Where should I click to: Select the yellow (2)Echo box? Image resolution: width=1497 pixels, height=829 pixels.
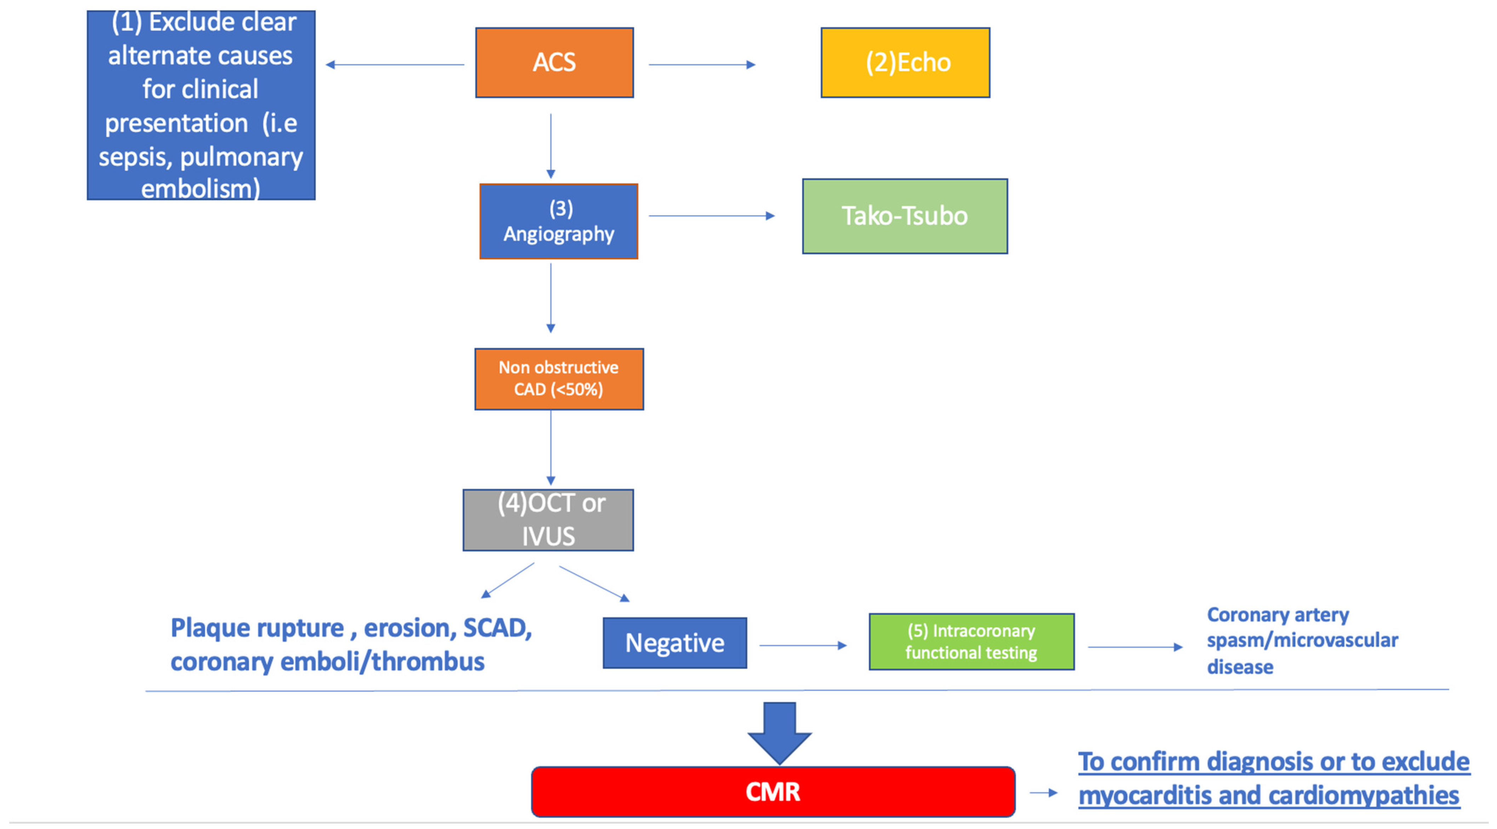[905, 63]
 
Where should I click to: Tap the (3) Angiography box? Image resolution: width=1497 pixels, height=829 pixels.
[558, 221]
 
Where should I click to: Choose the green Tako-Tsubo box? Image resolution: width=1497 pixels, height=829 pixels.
[905, 216]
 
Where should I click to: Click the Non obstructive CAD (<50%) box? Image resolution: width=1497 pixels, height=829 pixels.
[558, 379]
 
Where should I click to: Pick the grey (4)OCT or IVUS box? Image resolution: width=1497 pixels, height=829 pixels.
[548, 520]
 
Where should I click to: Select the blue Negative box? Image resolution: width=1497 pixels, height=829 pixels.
[675, 643]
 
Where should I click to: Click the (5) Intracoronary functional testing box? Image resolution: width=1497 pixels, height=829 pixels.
[971, 642]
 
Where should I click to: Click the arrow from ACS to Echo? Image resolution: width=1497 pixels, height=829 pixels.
[701, 64]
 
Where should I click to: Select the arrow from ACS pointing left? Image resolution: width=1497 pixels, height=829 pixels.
[395, 64]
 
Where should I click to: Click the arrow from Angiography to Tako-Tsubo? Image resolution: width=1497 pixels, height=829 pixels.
[711, 216]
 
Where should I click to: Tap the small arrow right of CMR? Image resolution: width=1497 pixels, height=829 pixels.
[1043, 793]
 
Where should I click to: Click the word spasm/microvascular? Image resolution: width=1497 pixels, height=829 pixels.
[1302, 640]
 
